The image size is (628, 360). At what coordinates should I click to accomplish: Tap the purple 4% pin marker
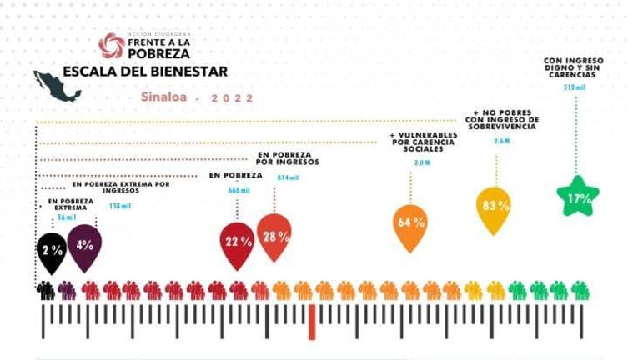click(84, 246)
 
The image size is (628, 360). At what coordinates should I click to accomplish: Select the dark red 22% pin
click(237, 242)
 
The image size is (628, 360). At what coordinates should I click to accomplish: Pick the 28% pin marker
click(274, 237)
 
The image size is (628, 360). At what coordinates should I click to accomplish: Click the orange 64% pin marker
click(410, 224)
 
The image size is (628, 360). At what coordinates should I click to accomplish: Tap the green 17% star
click(578, 197)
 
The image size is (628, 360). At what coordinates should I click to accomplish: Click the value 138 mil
click(120, 206)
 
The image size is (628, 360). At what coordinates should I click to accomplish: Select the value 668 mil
click(239, 191)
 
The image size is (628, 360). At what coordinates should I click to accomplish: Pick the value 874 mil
click(287, 177)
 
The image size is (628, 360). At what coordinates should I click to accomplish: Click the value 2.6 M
click(501, 142)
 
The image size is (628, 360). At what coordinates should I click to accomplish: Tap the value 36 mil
click(66, 218)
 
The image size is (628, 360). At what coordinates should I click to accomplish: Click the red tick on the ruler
click(312, 322)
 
